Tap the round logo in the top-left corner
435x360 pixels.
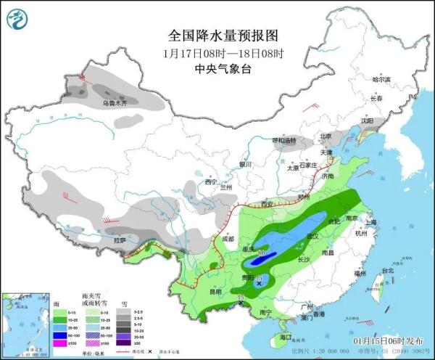(x=19, y=17)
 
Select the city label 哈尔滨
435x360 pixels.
(x=381, y=79)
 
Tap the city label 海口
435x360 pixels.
(x=286, y=337)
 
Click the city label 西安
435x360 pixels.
(x=267, y=203)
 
